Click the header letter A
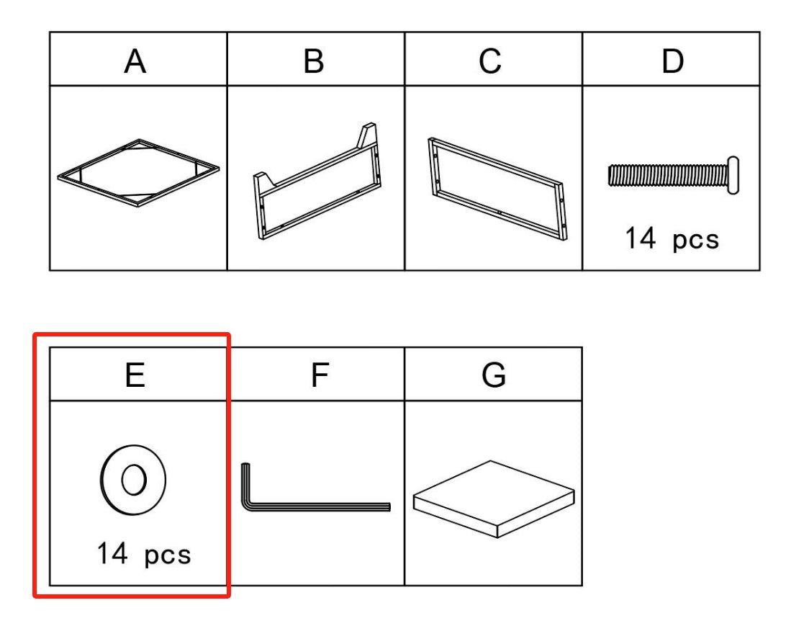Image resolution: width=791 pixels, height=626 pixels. coord(135,61)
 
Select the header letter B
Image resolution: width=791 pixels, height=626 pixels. coord(313,61)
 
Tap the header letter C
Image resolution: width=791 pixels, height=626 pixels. coord(490,61)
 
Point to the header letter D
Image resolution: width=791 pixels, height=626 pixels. coord(672,61)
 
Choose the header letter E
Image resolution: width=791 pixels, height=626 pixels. coord(135,375)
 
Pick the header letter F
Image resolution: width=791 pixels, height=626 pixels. coord(320,375)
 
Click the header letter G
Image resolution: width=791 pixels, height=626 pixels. coord(494,375)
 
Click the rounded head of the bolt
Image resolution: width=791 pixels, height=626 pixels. coord(733,175)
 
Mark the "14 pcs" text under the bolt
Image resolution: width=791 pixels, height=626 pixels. coord(672,238)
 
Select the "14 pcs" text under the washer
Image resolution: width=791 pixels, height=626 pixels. coord(144,554)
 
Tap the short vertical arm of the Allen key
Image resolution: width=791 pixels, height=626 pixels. coord(245,485)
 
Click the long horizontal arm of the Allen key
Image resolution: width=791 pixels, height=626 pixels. coord(318,506)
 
